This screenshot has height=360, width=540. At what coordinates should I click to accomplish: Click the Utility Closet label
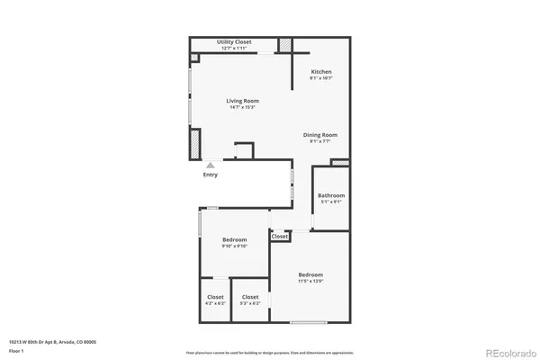(x=234, y=42)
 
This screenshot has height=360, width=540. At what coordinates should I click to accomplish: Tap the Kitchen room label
(x=321, y=72)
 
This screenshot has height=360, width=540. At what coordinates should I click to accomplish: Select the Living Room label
(x=242, y=101)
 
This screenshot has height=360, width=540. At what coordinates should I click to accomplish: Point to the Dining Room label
(x=319, y=135)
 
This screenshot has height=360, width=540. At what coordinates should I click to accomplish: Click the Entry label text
(x=210, y=175)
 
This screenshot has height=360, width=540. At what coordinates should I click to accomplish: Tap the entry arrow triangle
(x=210, y=165)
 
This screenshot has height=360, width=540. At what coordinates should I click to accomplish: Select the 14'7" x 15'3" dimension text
(x=242, y=107)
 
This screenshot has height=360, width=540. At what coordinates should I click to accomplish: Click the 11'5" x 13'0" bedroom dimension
(x=310, y=282)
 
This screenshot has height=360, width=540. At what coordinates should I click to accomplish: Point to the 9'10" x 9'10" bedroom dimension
(x=235, y=247)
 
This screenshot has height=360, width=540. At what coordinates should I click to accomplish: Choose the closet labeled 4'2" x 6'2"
(x=215, y=303)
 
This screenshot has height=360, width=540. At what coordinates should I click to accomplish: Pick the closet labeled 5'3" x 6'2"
(x=250, y=303)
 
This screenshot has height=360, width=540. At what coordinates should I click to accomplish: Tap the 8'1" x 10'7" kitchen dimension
(x=321, y=78)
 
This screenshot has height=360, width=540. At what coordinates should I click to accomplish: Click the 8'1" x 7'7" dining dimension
(x=319, y=141)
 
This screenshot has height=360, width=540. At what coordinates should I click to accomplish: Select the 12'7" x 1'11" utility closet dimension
(x=234, y=48)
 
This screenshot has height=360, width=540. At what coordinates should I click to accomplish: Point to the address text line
(x=52, y=342)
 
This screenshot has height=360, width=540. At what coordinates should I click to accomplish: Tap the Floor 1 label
(x=17, y=350)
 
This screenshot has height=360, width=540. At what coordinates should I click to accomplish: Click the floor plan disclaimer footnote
(x=269, y=351)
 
